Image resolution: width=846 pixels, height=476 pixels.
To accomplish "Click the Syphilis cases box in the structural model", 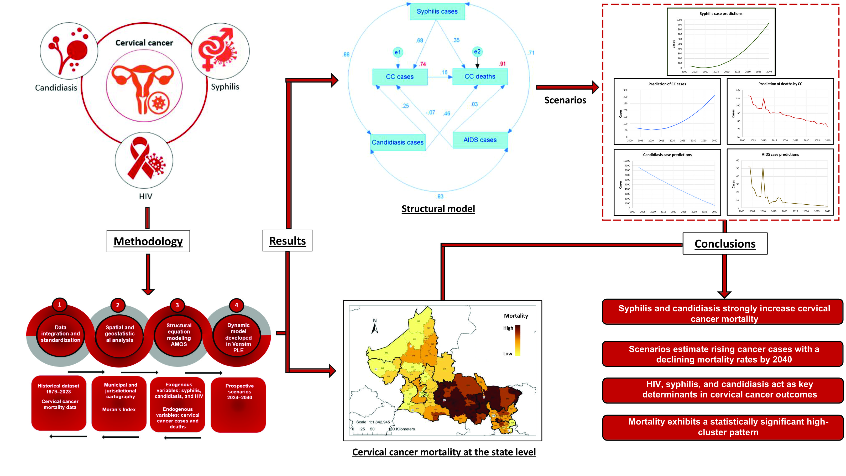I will coord(437,12).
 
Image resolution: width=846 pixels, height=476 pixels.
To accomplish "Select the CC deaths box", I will coord(479,76).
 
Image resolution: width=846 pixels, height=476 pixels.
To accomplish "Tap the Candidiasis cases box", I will coord(398,142).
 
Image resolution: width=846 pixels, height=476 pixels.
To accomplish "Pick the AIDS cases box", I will coord(480,140).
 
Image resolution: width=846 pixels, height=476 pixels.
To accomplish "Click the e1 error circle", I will coord(398,52).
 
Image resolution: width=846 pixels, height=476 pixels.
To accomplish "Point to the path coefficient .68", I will coord(420,40).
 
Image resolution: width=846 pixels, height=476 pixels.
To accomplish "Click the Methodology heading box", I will coord(148,241).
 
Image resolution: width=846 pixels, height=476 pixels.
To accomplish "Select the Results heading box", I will coord(287,241).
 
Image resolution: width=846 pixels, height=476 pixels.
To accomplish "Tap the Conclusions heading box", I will coord(725,244).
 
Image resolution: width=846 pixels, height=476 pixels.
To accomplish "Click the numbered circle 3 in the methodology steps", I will coord(177,305).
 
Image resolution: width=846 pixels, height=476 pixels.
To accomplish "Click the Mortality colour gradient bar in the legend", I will coord(518,340).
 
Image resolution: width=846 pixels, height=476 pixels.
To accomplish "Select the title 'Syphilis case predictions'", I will coord(720,13).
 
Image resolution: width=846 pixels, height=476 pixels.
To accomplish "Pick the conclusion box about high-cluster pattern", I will coord(723,427).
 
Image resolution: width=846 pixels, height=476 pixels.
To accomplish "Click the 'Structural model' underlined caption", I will coord(438,209).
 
